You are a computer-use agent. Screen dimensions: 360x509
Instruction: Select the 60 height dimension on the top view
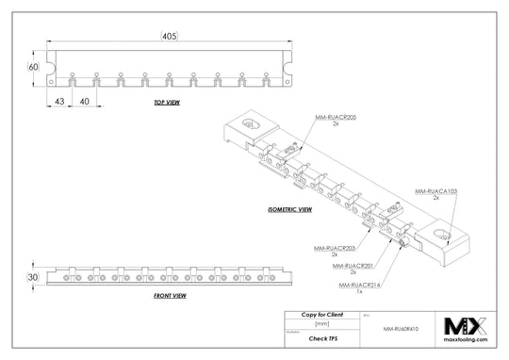[33, 68]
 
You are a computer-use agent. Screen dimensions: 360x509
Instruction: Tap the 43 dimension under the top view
[58, 100]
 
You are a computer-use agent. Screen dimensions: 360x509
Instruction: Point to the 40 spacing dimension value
[84, 100]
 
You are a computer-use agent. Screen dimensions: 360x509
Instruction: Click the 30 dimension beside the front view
[33, 278]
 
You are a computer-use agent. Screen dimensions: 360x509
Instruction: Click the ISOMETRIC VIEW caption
[290, 210]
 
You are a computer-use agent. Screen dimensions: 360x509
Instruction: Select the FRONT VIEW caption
[169, 296]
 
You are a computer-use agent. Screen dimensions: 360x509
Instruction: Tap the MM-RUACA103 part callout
[435, 191]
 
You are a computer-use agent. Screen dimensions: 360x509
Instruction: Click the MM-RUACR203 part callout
[335, 248]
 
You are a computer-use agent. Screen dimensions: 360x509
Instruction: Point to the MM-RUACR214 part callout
[358, 284]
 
